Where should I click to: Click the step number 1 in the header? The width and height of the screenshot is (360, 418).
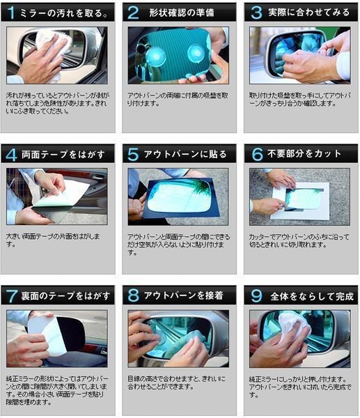coord(11,13)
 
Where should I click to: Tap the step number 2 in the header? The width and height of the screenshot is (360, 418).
coord(132,13)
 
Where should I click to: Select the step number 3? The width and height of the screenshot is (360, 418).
coord(256,13)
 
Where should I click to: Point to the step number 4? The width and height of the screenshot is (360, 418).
coord(11,154)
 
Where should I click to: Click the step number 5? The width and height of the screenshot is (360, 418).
coord(132,154)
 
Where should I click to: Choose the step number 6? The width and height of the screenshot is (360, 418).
coord(256,154)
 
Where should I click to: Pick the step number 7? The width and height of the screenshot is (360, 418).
coord(11,295)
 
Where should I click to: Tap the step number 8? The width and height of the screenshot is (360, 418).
coord(132,295)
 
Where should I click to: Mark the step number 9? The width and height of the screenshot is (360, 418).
coord(256,295)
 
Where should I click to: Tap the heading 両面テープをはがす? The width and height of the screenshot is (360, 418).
coord(63,155)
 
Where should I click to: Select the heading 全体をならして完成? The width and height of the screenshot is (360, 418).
coord(307,296)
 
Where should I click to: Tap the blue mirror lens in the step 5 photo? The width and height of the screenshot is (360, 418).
coord(180,195)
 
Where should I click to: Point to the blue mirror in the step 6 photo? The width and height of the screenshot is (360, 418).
coord(304,198)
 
